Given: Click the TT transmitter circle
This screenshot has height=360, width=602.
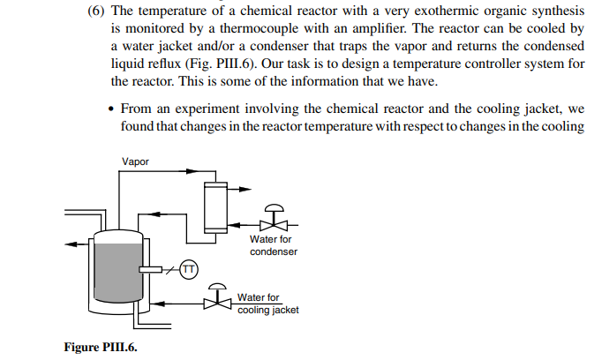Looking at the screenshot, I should pos(189,268).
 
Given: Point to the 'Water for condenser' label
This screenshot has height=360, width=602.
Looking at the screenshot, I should pos(273,245).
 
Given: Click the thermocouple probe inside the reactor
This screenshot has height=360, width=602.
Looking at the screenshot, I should pos(152,269).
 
